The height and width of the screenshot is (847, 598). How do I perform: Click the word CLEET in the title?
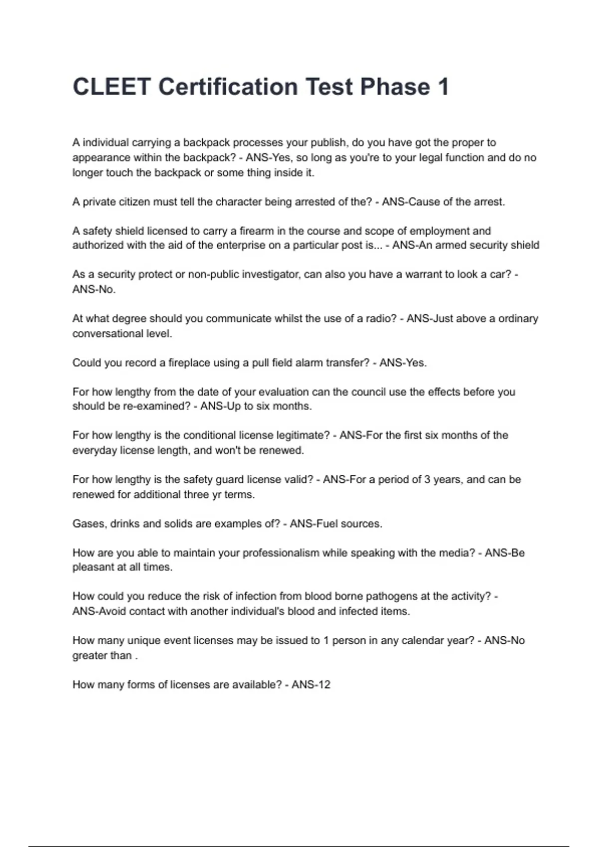[112, 87]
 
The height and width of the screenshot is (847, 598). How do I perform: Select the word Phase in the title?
[395, 87]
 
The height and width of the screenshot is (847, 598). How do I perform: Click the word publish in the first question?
[328, 142]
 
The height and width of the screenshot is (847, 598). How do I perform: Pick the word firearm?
[256, 231]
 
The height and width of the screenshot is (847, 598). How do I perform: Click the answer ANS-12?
[311, 685]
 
